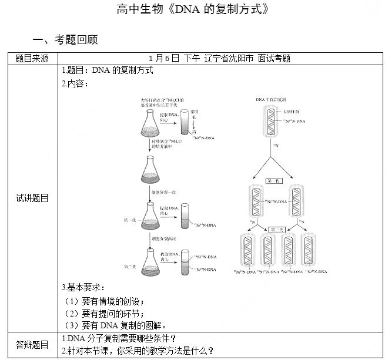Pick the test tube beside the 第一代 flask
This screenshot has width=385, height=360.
185,216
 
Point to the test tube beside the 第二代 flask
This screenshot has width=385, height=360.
185,261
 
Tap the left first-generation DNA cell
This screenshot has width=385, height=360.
254,203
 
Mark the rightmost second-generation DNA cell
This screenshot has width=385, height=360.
307,251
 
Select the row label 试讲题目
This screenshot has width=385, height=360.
32,198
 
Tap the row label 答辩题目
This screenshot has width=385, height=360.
32,345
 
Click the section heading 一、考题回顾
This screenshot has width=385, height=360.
65,39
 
